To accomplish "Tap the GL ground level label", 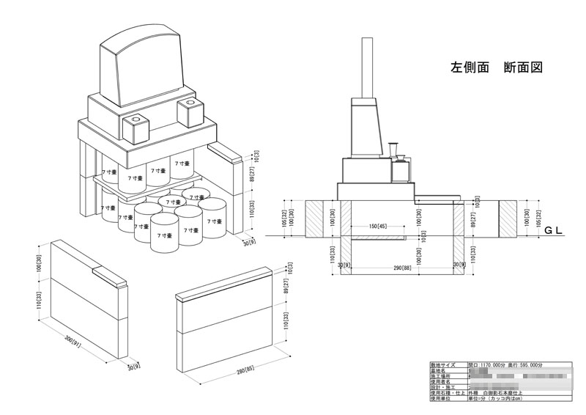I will (552, 230).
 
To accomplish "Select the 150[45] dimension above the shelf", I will (378, 227).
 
